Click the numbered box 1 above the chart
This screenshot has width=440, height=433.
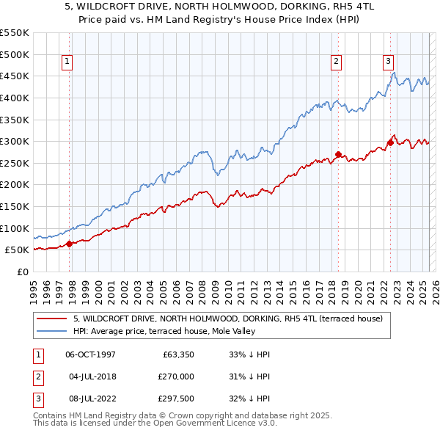pos(67,62)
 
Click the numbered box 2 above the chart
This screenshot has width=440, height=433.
pos(336,62)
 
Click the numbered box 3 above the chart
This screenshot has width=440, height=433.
pos(388,62)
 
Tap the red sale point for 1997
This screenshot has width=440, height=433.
pos(70,244)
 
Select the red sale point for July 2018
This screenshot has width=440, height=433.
pos(338,154)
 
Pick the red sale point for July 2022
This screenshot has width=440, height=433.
pos(390,142)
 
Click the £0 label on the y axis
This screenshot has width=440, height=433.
pos(22,272)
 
